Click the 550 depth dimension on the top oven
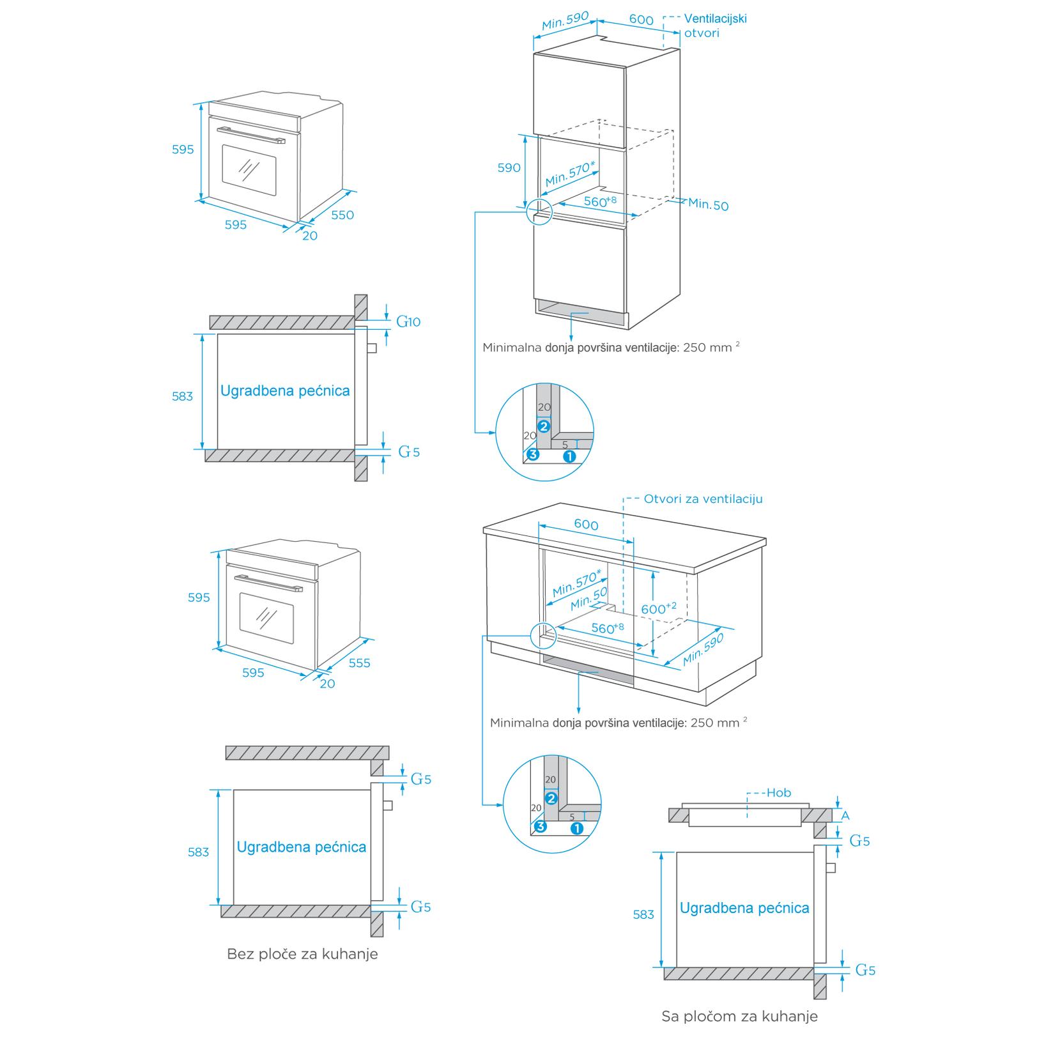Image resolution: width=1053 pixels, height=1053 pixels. pos(342,215)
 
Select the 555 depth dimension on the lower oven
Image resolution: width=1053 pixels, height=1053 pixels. pos(359,663)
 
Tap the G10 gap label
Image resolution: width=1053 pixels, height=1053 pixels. pos(409,321)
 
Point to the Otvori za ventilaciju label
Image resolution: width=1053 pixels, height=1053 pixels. pos(703,499)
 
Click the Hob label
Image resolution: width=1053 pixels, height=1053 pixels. pos(778,793)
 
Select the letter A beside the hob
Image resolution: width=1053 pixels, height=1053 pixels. pos(845,816)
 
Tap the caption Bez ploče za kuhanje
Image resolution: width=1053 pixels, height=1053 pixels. pos(302,954)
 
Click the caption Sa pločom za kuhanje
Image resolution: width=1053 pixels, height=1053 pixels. pos(739,1016)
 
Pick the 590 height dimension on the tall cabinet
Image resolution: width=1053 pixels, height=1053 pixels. pos(509,168)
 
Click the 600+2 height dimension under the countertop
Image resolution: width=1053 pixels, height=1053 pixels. pos(658,608)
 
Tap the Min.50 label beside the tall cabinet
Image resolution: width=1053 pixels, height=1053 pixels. pos(708,204)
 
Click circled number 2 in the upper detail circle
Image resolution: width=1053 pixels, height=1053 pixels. pos(544,426)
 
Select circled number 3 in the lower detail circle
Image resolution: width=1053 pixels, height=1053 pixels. pos(540,827)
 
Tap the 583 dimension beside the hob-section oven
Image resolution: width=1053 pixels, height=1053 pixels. pos(643,914)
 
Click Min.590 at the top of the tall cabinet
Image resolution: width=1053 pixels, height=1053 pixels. pos(564,21)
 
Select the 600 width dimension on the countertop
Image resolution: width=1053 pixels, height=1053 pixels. pos(586,525)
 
